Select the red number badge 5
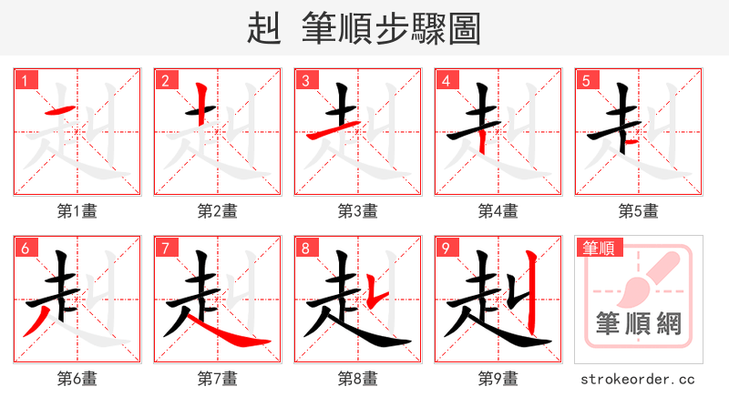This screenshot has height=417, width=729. point(589,81)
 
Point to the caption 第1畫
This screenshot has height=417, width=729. point(77,211)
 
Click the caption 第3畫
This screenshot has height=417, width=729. point(358,211)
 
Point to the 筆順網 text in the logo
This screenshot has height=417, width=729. point(638,324)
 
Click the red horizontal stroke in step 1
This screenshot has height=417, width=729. point(59,111)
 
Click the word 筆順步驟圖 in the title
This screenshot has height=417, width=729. point(390,29)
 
